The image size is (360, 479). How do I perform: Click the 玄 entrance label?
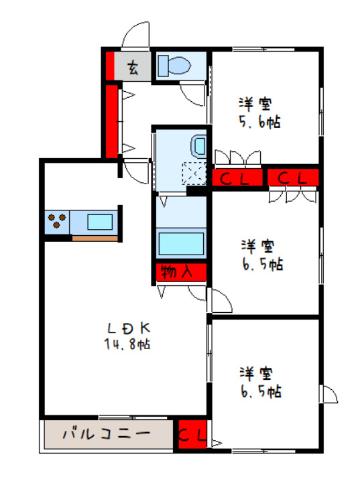pos(133,68)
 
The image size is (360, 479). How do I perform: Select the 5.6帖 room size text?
pos(258,123)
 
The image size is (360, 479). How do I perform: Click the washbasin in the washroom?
pos(199,145)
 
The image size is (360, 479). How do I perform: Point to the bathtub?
pos(181,243)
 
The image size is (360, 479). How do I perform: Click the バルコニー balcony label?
pos(107,433)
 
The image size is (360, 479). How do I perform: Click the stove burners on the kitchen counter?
pos(56,220)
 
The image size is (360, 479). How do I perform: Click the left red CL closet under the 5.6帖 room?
pos(235,178)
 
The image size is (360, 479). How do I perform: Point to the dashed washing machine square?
pos(195,174)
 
